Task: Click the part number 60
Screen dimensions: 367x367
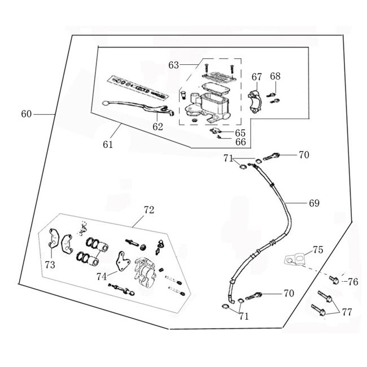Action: [27, 114]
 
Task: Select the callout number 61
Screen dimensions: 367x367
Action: [108, 145]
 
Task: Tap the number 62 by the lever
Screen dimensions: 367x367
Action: [158, 127]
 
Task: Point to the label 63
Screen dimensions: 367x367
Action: [173, 65]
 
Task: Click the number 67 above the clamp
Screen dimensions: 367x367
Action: [257, 77]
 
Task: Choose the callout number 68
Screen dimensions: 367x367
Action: [275, 76]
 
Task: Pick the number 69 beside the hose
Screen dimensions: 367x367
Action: [314, 202]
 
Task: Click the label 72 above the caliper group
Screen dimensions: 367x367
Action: [148, 210]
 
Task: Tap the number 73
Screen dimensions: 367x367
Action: [50, 265]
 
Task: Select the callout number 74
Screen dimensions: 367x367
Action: [101, 276]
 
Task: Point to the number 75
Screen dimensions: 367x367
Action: [318, 250]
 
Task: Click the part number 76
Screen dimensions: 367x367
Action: [352, 281]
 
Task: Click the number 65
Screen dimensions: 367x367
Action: [241, 133]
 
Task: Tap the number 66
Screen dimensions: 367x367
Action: [241, 142]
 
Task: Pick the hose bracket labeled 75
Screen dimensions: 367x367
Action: [294, 259]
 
